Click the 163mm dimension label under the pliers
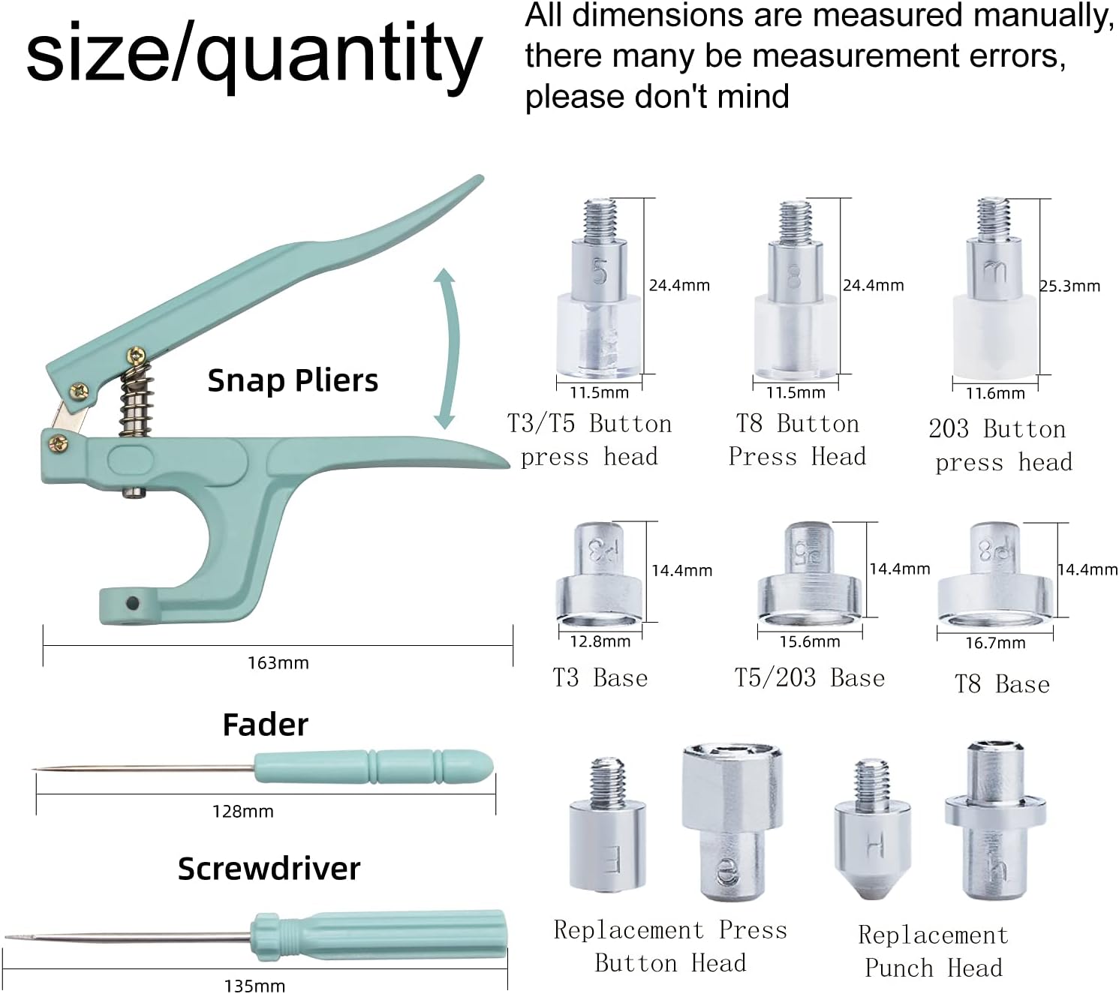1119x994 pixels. pyautogui.click(x=278, y=662)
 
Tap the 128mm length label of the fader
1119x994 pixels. pyautogui.click(x=243, y=811)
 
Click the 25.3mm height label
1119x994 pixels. pyautogui.click(x=1070, y=286)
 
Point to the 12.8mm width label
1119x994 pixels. pyautogui.click(x=600, y=641)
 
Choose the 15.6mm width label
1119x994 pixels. pyautogui.click(x=810, y=641)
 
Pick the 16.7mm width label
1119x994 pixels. pyautogui.click(x=995, y=643)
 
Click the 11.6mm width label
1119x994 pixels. pyautogui.click(x=995, y=393)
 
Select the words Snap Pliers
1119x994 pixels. pyautogui.click(x=293, y=380)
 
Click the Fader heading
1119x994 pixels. pyautogui.click(x=265, y=725)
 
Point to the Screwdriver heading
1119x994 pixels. pyautogui.click(x=269, y=869)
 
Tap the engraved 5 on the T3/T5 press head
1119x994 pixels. pyautogui.click(x=600, y=272)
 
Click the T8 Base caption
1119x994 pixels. pyautogui.click(x=1002, y=684)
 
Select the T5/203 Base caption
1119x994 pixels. pyautogui.click(x=810, y=677)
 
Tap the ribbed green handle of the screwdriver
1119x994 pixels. pyautogui.click(x=379, y=936)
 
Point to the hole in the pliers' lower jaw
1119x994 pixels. pyautogui.click(x=133, y=603)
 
